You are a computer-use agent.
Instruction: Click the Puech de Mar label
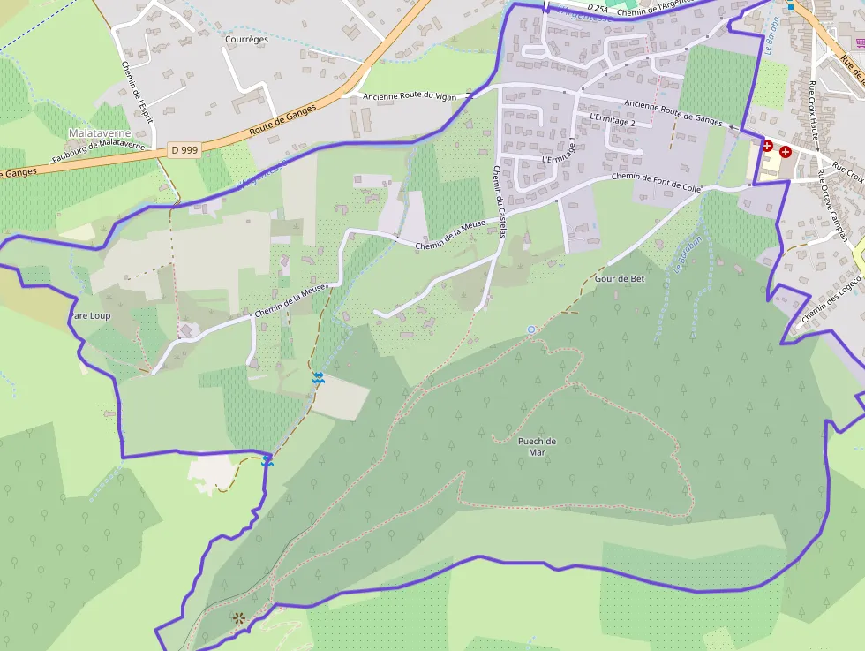[537, 447]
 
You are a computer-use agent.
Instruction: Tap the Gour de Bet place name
[620, 278]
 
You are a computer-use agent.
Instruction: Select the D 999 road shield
[184, 150]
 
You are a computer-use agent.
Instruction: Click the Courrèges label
[246, 40]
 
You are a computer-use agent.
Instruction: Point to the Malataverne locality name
[99, 132]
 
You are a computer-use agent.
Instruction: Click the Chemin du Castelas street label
[500, 202]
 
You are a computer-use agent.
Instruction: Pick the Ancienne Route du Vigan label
[414, 95]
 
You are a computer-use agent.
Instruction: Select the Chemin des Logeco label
[831, 299]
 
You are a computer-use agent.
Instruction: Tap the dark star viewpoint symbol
[237, 617]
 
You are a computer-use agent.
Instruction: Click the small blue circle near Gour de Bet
[531, 329]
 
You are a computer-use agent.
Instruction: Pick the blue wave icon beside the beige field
[318, 378]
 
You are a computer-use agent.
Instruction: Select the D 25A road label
[599, 8]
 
